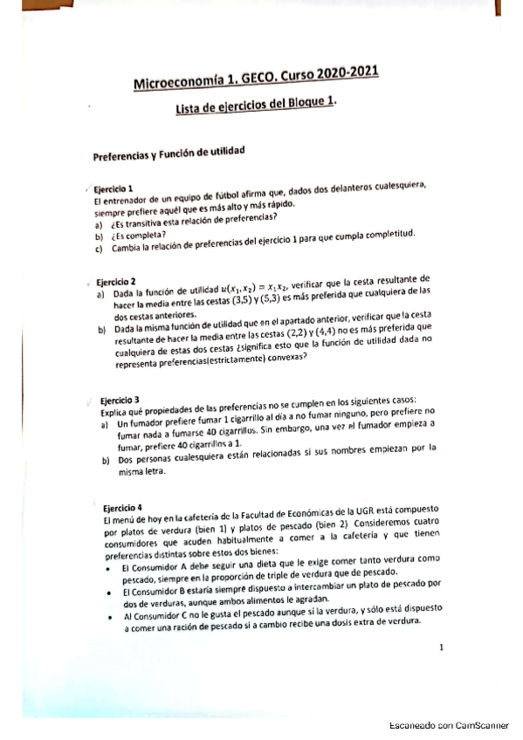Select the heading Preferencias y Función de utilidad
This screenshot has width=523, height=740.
point(168,154)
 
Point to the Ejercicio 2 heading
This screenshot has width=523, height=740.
point(115,283)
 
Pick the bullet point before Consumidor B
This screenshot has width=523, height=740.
point(114,593)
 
